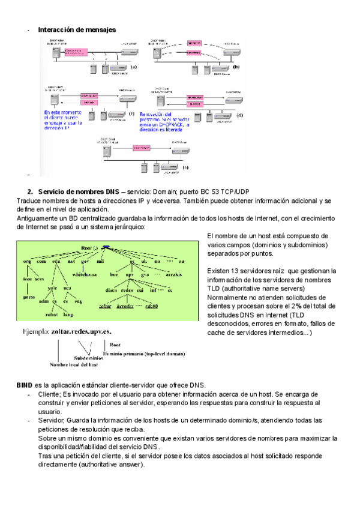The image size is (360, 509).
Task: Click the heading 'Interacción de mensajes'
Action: click(77, 29)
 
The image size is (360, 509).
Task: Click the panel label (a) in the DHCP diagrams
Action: click(133, 68)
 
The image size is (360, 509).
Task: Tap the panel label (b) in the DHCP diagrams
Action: click(236, 68)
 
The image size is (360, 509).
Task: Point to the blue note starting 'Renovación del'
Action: click(166, 121)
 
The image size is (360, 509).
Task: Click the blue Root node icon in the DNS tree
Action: click(106, 247)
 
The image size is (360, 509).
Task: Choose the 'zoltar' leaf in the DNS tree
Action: click(106, 305)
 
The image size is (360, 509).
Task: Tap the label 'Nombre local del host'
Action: click(74, 364)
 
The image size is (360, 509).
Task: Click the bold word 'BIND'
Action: click(24, 385)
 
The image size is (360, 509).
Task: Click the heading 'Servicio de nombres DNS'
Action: click(77, 191)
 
